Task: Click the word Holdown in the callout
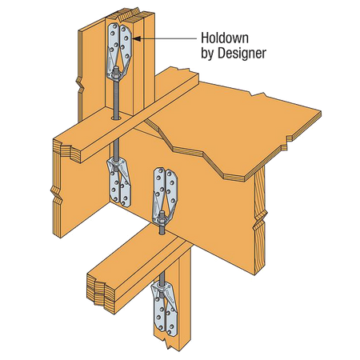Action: click(x=225, y=38)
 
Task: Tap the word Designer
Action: click(x=242, y=54)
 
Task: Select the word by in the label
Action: click(x=208, y=54)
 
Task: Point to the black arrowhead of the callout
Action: click(x=136, y=38)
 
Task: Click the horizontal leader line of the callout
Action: click(x=168, y=38)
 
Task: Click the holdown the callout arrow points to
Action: click(x=118, y=52)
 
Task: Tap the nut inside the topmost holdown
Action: click(x=116, y=72)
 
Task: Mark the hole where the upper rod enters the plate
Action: click(x=116, y=118)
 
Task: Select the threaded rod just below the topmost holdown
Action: click(x=116, y=98)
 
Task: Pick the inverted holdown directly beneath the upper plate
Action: click(x=119, y=182)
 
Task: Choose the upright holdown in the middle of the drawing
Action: click(x=165, y=196)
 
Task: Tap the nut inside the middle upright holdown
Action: click(x=162, y=218)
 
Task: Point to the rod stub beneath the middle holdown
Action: click(x=162, y=230)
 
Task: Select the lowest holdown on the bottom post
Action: click(x=164, y=306)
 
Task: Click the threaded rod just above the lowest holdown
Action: click(x=162, y=278)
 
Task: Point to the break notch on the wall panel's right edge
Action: click(x=260, y=218)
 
